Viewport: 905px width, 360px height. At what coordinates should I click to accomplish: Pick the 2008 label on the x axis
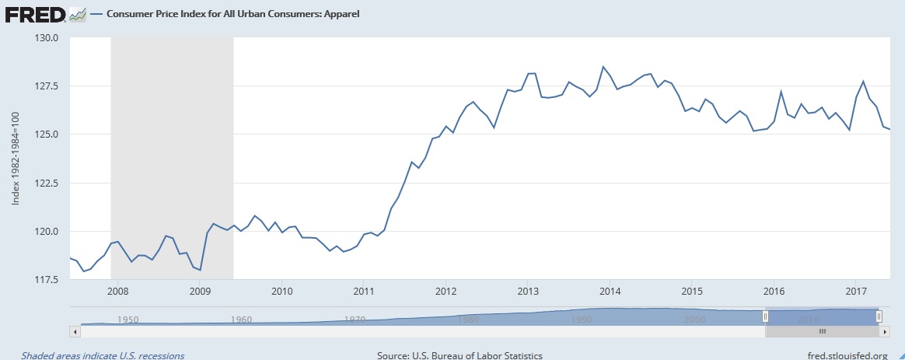point(117,292)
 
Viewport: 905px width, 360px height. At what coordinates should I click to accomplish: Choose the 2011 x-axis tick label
point(364,292)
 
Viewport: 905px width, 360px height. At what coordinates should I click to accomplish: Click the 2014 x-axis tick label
point(610,292)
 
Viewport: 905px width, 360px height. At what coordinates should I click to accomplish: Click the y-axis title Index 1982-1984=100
point(16,159)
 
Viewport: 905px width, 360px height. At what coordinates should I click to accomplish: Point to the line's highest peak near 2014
point(603,67)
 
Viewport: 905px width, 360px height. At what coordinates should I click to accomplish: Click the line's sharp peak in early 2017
point(863,82)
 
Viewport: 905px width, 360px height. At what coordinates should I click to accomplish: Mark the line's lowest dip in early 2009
point(201,270)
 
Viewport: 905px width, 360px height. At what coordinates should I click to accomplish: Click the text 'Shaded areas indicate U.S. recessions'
point(103,355)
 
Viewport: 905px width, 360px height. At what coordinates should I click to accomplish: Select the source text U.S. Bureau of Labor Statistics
point(459,355)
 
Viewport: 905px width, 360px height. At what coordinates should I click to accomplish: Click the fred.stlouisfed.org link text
point(836,355)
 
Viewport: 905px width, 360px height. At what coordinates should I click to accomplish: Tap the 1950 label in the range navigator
point(128,319)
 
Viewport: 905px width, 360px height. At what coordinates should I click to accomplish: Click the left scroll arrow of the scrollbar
point(75,331)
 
